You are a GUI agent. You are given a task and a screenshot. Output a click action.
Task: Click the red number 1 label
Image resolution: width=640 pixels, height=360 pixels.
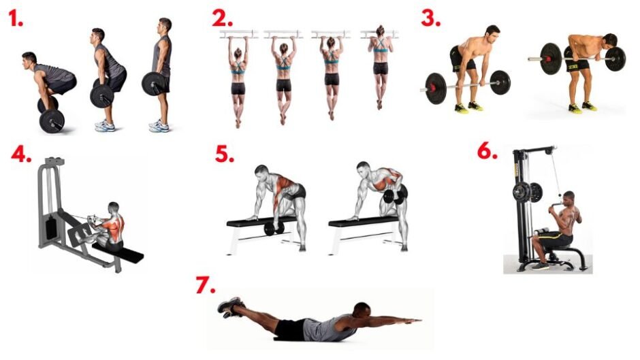coord(16,18)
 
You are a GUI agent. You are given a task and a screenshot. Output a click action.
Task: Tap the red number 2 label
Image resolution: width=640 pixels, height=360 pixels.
coord(222,18)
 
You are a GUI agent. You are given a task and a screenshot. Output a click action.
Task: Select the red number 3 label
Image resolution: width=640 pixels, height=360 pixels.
coord(430,18)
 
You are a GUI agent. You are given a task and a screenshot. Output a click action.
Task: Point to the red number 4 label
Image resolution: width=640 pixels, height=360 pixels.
coord(21,154)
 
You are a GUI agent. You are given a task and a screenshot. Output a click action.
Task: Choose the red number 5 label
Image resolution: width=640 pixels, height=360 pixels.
coord(225,154)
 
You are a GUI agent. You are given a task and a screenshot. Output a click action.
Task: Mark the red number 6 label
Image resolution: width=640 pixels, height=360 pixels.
coord(487,151)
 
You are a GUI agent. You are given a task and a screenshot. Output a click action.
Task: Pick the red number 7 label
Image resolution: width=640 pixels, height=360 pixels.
coord(206,285)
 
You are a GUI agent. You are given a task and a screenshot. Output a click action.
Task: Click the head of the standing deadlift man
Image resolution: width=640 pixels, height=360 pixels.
coord(165,27)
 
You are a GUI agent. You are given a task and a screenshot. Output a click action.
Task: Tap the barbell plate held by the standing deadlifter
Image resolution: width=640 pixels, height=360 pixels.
coord(153,84)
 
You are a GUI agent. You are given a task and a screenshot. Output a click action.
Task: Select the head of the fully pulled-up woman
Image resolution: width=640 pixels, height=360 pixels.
coord(380,31)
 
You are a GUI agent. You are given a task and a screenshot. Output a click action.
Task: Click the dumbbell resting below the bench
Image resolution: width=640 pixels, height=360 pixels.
coord(274,229)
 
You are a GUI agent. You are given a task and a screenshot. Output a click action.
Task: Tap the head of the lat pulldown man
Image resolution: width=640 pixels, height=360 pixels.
coord(568,198)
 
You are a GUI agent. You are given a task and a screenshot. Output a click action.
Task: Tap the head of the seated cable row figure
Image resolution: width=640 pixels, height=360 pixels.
coord(114,208)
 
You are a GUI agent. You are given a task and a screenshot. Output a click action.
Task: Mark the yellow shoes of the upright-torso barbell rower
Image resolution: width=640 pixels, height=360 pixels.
coord(469,107)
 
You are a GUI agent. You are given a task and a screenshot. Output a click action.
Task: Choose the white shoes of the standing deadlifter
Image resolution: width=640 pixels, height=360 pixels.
coord(159,126)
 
